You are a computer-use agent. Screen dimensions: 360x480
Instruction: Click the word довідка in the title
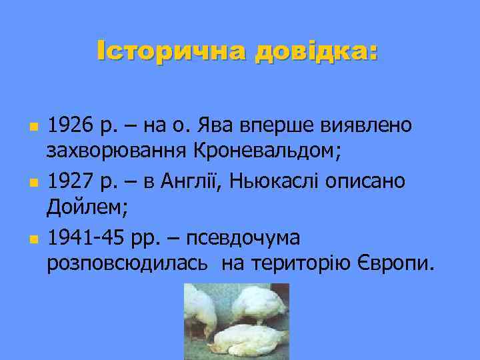pos(313,51)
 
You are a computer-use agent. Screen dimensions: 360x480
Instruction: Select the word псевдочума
pos(245,237)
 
